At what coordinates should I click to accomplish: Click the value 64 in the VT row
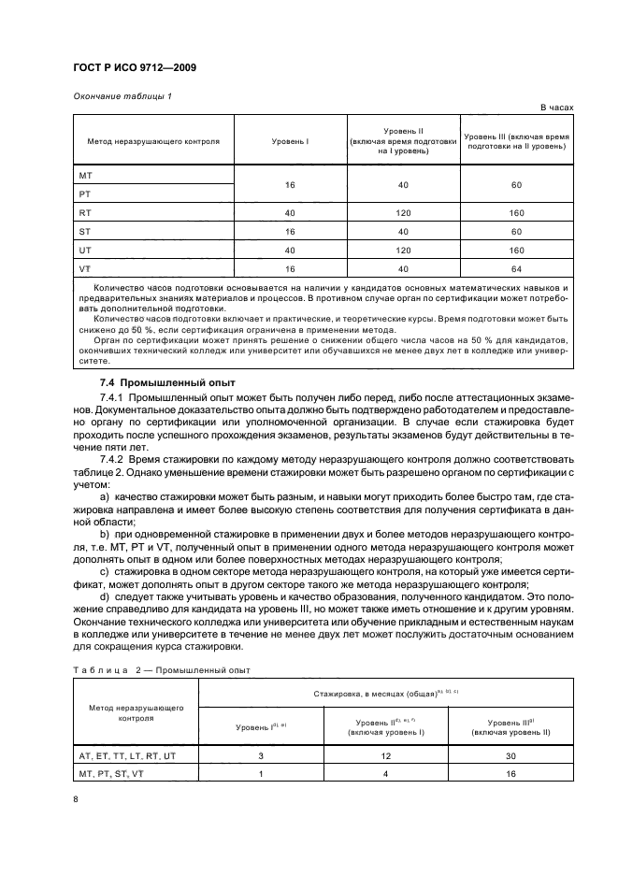516,268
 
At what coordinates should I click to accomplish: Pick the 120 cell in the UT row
403,250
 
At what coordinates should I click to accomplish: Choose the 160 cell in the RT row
516,212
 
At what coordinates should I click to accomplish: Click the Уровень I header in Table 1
290,141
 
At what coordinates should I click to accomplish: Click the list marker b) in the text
105,532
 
